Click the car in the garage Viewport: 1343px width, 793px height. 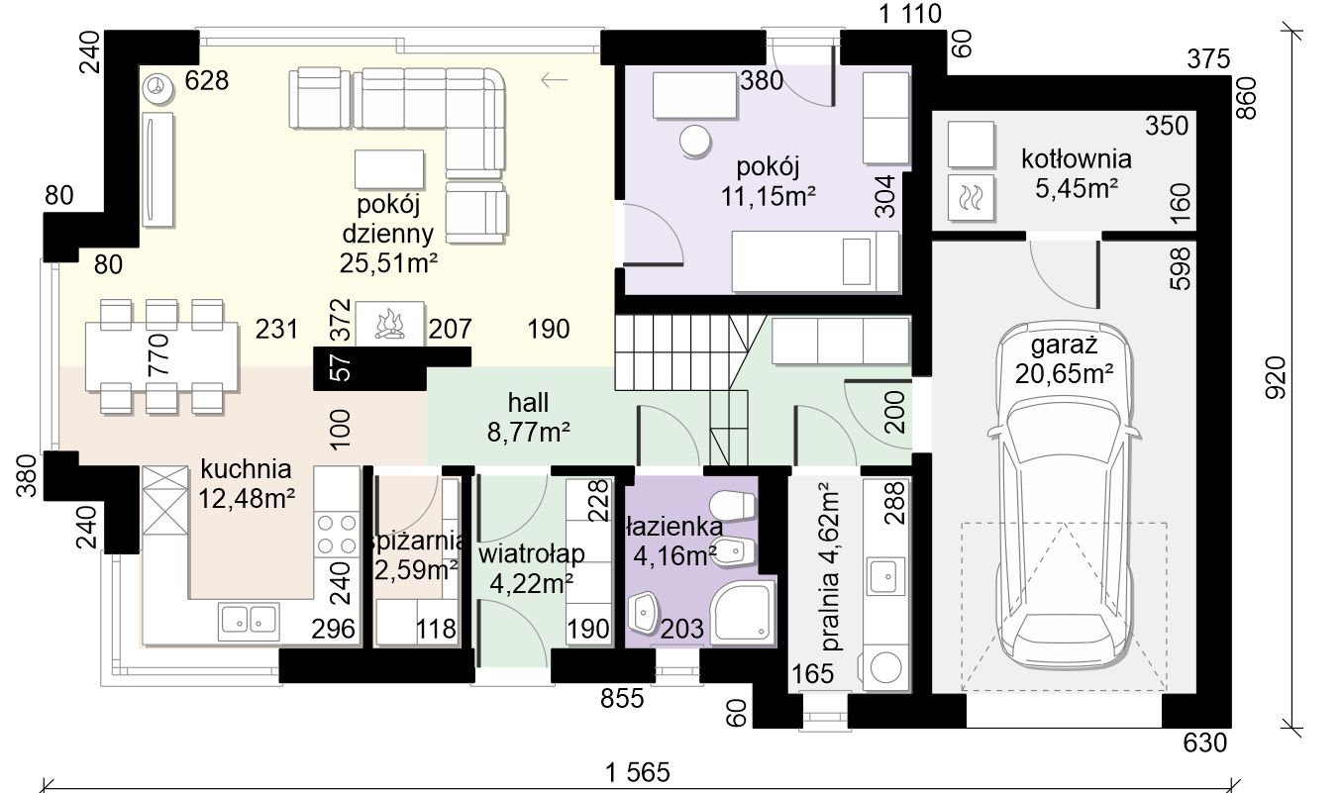[x=1065, y=498]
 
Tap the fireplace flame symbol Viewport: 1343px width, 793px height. [x=389, y=325]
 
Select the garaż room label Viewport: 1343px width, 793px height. [x=1065, y=346]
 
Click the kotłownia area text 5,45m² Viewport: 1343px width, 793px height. [x=1077, y=188]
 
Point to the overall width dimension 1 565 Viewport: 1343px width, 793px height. [x=638, y=772]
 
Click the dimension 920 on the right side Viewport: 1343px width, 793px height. [x=1276, y=377]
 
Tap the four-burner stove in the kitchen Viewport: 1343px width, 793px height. [x=337, y=535]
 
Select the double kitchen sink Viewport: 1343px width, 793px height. [x=249, y=619]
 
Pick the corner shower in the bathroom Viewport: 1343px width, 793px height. [x=742, y=612]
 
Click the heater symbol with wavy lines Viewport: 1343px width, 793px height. [x=970, y=197]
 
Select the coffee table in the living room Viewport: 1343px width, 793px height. [x=389, y=169]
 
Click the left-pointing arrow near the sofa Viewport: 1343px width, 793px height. [x=554, y=80]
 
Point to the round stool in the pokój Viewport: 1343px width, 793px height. [x=695, y=142]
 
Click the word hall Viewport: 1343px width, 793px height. [x=528, y=403]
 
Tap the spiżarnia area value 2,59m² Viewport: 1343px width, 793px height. [x=416, y=570]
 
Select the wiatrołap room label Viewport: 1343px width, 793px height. [x=531, y=553]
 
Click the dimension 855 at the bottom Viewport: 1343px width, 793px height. [x=622, y=698]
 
